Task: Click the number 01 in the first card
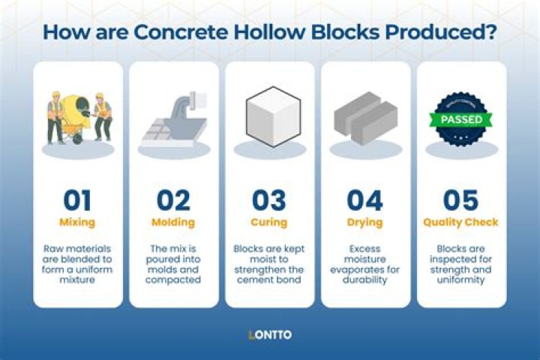click(x=77, y=200)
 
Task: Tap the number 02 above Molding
click(x=173, y=200)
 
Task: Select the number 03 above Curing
click(x=269, y=200)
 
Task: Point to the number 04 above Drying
click(x=365, y=200)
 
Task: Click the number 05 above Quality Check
click(x=460, y=200)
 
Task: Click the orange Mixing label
click(x=77, y=223)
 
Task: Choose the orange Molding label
click(x=173, y=223)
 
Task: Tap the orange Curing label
click(x=269, y=223)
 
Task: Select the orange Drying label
click(x=365, y=223)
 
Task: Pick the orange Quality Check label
click(x=460, y=223)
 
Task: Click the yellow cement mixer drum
click(x=76, y=111)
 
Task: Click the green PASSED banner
click(x=461, y=118)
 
